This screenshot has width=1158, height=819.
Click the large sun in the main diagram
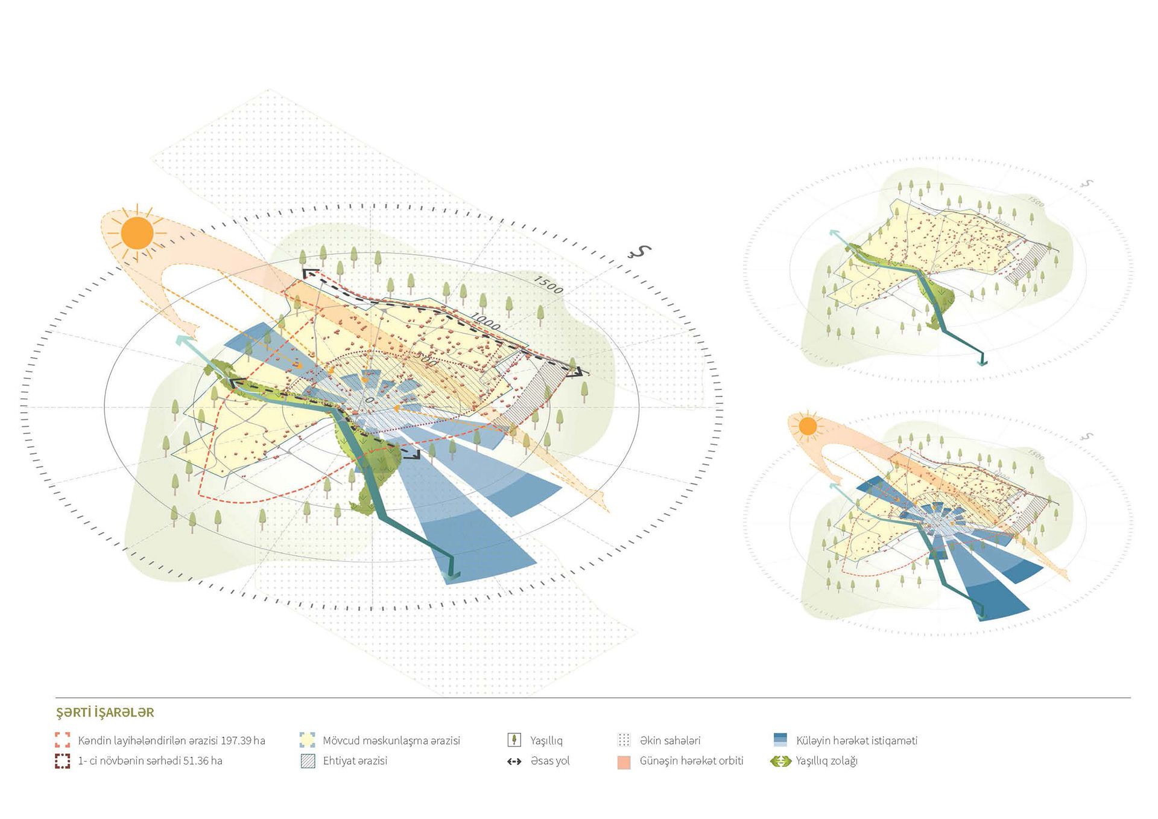tap(137, 234)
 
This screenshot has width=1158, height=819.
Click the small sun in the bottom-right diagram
tap(808, 427)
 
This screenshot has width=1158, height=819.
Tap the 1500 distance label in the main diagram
tap(548, 285)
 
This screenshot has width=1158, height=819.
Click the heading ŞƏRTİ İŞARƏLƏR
tap(105, 713)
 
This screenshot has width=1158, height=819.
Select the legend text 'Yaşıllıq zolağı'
tap(826, 761)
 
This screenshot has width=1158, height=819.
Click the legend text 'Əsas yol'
tap(550, 761)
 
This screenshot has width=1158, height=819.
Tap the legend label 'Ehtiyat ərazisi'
tap(355, 761)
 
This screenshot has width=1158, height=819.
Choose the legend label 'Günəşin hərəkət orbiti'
tap(691, 761)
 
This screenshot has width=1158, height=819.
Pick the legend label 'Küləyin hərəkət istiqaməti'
tap(856, 741)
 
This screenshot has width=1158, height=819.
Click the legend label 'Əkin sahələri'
tap(670, 741)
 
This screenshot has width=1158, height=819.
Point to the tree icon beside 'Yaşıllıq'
tap(514, 740)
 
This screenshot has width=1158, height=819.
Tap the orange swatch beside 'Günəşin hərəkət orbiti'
tap(624, 762)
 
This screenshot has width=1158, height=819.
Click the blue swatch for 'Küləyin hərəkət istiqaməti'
tap(780, 740)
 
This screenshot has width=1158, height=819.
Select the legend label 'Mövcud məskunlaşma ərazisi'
tap(391, 741)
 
